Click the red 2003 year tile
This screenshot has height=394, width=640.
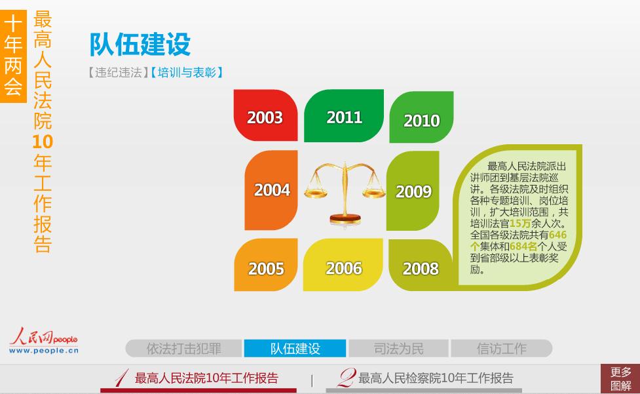pos(265,115)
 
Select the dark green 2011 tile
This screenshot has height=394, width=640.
pos(344,115)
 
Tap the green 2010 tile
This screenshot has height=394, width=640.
pos(421,117)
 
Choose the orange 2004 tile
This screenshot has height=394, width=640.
pos(271,190)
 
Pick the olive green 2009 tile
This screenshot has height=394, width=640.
pos(413,191)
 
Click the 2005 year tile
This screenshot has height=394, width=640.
pos(266,265)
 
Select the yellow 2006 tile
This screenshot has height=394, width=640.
pos(343,265)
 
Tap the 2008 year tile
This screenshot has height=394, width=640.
pos(421,266)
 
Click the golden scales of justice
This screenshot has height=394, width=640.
pos(345,193)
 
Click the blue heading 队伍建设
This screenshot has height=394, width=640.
pos(140,44)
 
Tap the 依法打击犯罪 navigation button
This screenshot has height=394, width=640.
pos(183,349)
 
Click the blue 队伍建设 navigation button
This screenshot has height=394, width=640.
pos(295,349)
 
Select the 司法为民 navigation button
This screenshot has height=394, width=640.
pos(399,349)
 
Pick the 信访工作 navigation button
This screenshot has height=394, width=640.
pos(502,349)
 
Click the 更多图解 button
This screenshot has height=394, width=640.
pos(620,379)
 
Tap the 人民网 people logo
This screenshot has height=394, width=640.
pos(44,341)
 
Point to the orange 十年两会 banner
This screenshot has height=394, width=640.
pos(13,56)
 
